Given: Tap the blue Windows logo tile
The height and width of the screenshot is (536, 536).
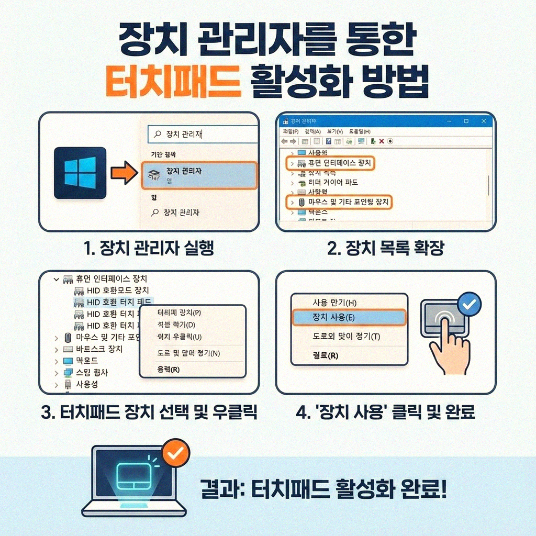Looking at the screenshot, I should (x=80, y=173).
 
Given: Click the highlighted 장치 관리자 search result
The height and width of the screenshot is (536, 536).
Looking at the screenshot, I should (x=199, y=175).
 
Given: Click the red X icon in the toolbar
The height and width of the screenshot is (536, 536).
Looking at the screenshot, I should (x=382, y=141).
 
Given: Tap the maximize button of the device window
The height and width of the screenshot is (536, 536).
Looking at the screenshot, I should (x=466, y=121).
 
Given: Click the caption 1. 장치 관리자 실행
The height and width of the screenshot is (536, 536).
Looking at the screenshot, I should (x=149, y=248).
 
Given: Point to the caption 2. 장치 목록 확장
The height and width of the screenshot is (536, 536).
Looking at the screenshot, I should (x=386, y=248).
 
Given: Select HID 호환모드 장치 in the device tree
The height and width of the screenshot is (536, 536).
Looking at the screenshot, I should (x=118, y=290).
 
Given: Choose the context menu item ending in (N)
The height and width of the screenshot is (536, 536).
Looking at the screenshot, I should (x=188, y=353).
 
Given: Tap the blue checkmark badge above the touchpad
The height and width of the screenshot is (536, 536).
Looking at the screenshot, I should (x=468, y=304).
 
